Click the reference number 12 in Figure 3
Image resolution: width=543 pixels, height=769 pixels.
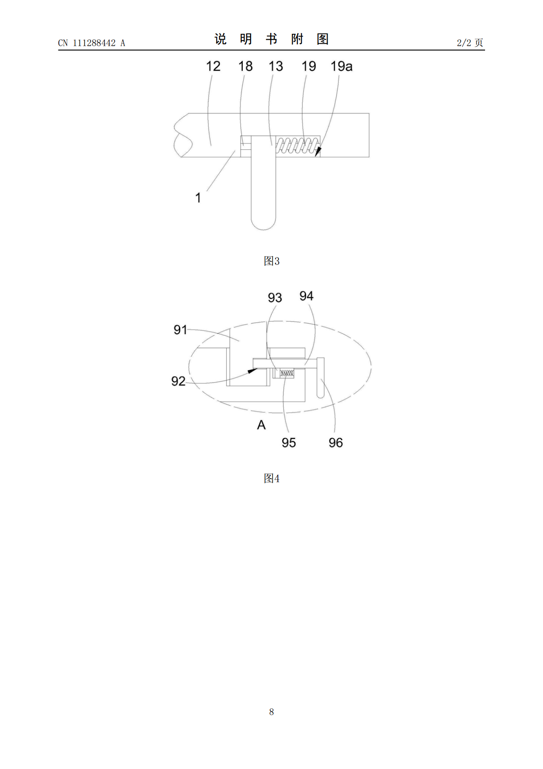(x=213, y=66)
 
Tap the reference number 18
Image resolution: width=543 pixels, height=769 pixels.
(x=245, y=66)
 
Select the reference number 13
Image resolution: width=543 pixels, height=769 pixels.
(x=276, y=66)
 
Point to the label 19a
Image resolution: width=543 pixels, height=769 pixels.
(x=341, y=66)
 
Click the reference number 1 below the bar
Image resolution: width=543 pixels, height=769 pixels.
(x=198, y=198)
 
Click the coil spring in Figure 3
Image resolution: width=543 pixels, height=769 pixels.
(x=298, y=145)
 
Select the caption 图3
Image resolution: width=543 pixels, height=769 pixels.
(x=271, y=261)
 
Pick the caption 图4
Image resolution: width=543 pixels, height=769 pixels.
(x=271, y=478)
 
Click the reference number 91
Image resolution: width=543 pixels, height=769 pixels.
(x=180, y=330)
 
